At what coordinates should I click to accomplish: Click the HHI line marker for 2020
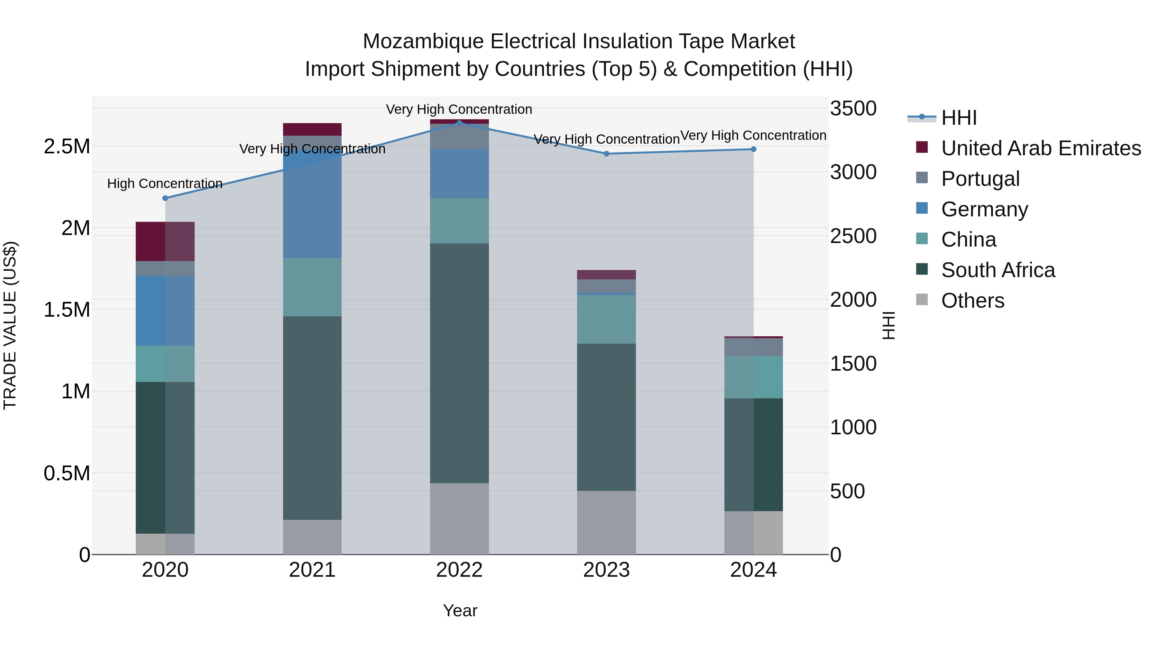[165, 198]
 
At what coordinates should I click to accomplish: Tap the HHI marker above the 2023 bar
[606, 154]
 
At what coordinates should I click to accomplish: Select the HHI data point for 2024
[753, 149]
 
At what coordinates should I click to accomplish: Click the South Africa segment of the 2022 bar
[459, 363]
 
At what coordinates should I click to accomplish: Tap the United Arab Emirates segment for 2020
[165, 241]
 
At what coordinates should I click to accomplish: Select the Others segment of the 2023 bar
[606, 522]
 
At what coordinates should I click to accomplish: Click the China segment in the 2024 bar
[753, 377]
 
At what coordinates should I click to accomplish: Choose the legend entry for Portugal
[980, 179]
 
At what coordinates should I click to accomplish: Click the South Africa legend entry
[997, 270]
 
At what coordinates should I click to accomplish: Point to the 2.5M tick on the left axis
[67, 147]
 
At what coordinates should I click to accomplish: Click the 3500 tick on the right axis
[853, 108]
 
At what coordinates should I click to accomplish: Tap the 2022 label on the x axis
[459, 570]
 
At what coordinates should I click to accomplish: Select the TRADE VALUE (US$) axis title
[10, 325]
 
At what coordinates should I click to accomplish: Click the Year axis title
[460, 610]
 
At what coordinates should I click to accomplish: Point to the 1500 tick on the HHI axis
[853, 364]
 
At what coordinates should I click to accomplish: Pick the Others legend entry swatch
[922, 300]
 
